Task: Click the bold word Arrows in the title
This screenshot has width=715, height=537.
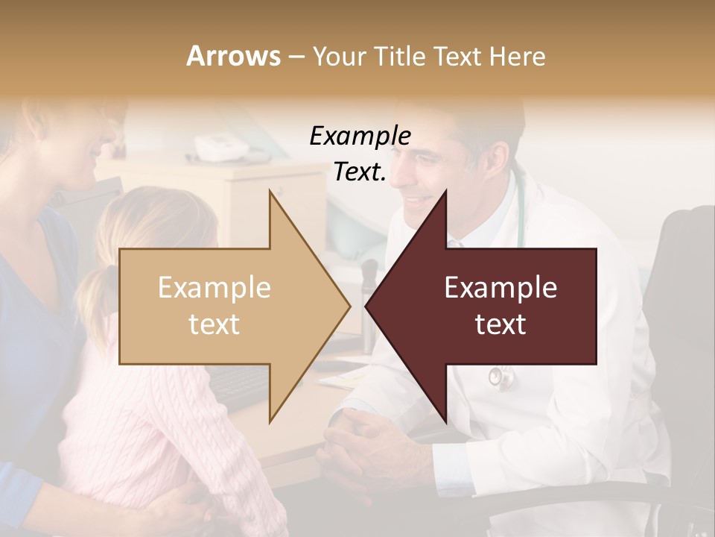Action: (x=233, y=56)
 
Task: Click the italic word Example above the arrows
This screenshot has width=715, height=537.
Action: (x=360, y=136)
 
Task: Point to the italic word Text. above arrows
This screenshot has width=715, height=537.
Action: (x=360, y=172)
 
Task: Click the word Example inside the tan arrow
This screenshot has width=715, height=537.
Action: (x=214, y=288)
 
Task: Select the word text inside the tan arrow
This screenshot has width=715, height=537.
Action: (x=214, y=324)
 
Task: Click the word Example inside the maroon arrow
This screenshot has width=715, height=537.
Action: (x=500, y=288)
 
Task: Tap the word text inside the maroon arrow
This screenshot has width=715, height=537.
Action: (x=500, y=324)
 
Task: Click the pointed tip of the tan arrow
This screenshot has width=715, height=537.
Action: (x=349, y=306)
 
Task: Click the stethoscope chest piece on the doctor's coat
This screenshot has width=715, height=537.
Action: (x=498, y=377)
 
